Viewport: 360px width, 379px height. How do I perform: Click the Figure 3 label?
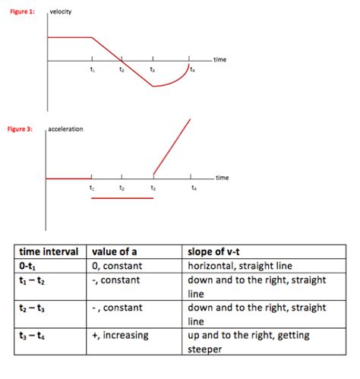point(20,129)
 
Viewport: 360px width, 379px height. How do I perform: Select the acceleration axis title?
point(66,129)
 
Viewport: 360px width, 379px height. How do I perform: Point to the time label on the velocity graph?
point(219,59)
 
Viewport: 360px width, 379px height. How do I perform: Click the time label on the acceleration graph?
point(222,177)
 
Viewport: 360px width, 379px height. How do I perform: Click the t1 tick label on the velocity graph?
point(92,70)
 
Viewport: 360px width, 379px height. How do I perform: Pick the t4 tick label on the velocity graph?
point(193,70)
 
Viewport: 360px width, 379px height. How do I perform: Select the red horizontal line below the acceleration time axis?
point(122,198)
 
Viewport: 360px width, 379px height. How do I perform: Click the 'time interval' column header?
point(49,252)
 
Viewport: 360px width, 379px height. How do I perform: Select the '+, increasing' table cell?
point(120,335)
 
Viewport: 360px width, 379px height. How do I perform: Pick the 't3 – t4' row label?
point(35,335)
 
